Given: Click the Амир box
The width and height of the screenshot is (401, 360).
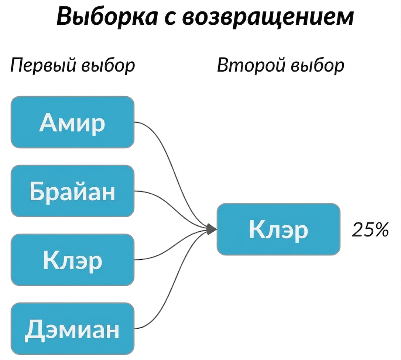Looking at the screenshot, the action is tap(72, 122).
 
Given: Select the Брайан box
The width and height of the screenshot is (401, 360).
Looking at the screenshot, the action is tap(72, 191).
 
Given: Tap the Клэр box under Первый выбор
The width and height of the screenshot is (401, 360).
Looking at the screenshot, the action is tap(72, 260).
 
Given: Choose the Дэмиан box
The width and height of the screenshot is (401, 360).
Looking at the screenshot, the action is tap(72, 329).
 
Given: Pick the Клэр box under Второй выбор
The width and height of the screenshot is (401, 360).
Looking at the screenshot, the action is tap(278, 229).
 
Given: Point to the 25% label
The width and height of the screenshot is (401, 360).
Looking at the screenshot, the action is tap(370, 229).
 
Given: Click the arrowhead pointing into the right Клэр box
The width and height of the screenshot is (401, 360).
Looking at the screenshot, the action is tap(212, 229).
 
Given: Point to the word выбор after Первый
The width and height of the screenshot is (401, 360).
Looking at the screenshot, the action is tap(108, 66).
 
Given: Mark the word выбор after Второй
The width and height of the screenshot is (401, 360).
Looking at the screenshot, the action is tap(318, 66).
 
